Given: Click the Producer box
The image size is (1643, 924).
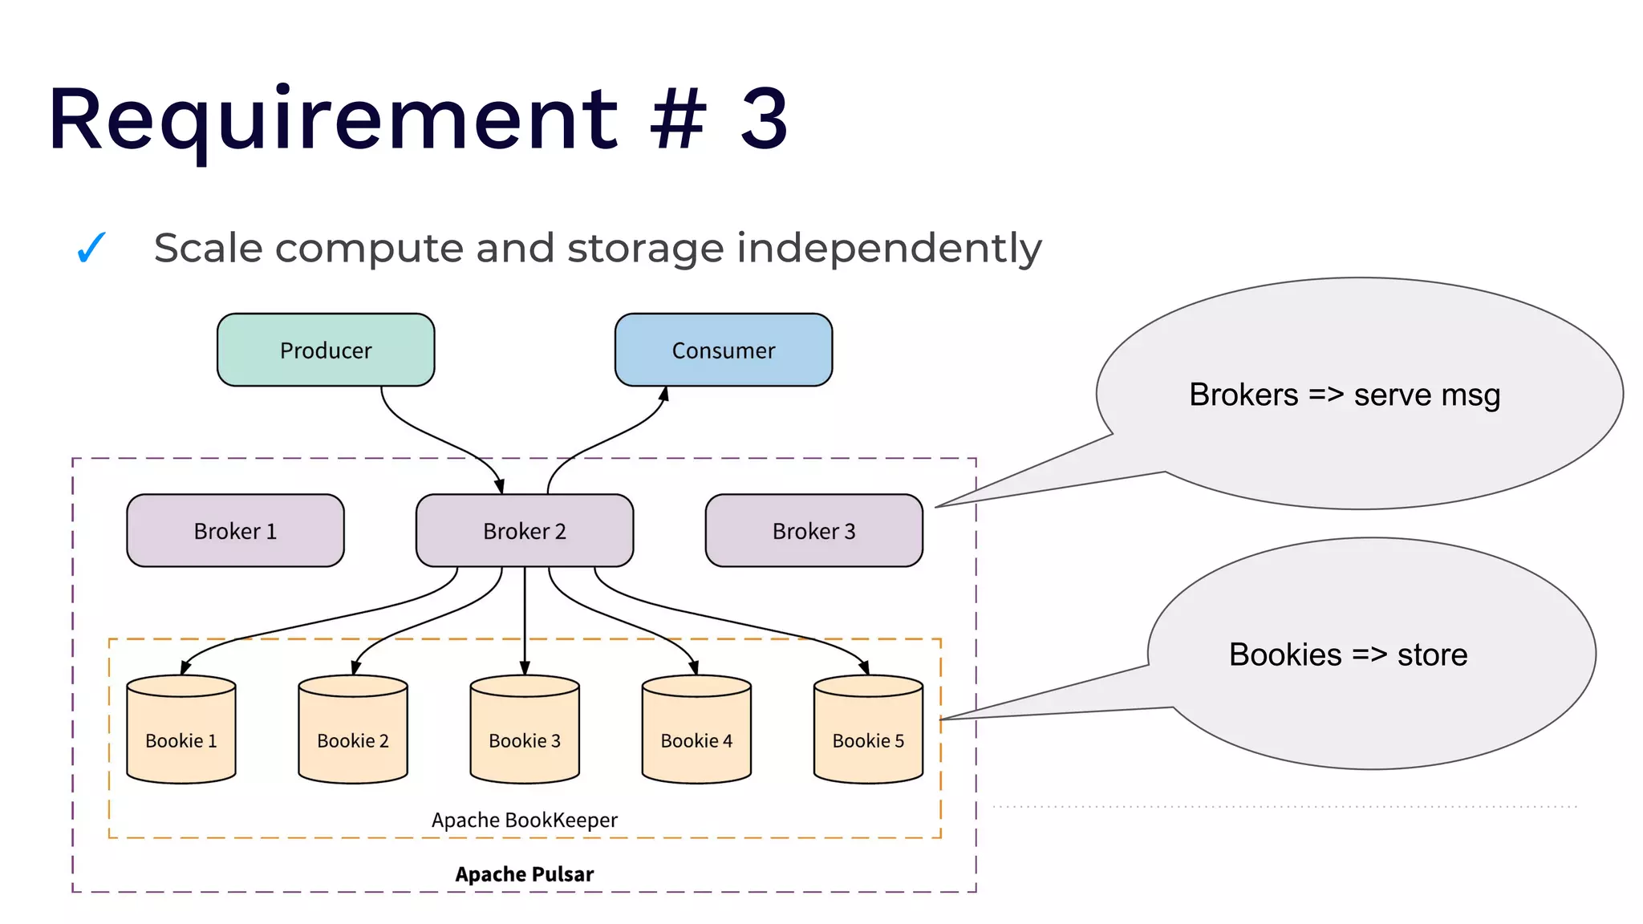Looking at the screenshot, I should (x=326, y=351).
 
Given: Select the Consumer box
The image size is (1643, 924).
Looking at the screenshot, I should (x=723, y=351).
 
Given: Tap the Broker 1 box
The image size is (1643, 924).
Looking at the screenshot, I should (x=235, y=531).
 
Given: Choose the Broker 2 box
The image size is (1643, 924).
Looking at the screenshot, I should (x=525, y=531).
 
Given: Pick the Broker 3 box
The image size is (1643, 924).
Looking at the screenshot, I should (x=813, y=531).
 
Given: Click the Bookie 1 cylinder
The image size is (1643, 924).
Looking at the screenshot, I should (x=181, y=730).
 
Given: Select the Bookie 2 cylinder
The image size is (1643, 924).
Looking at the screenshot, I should (x=353, y=730).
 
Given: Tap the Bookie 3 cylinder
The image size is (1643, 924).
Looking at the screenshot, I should (x=525, y=730).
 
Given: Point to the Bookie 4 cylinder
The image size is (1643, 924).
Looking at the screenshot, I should (x=696, y=730).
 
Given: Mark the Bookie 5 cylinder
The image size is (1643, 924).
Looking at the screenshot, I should (x=868, y=730).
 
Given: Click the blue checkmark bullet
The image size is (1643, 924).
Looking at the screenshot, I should (x=91, y=248).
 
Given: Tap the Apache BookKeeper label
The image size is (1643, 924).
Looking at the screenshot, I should (x=525, y=820).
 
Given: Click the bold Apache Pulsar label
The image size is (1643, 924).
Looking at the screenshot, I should (x=525, y=874).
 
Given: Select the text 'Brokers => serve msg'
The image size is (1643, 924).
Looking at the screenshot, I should (x=1345, y=395).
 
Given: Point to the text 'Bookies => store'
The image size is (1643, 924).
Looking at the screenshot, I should (x=1348, y=655).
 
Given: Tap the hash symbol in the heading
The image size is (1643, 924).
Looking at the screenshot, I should (x=678, y=120).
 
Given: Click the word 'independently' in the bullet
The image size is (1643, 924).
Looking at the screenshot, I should (x=889, y=249).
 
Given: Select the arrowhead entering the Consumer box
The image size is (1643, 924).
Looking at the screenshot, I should (x=663, y=394).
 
